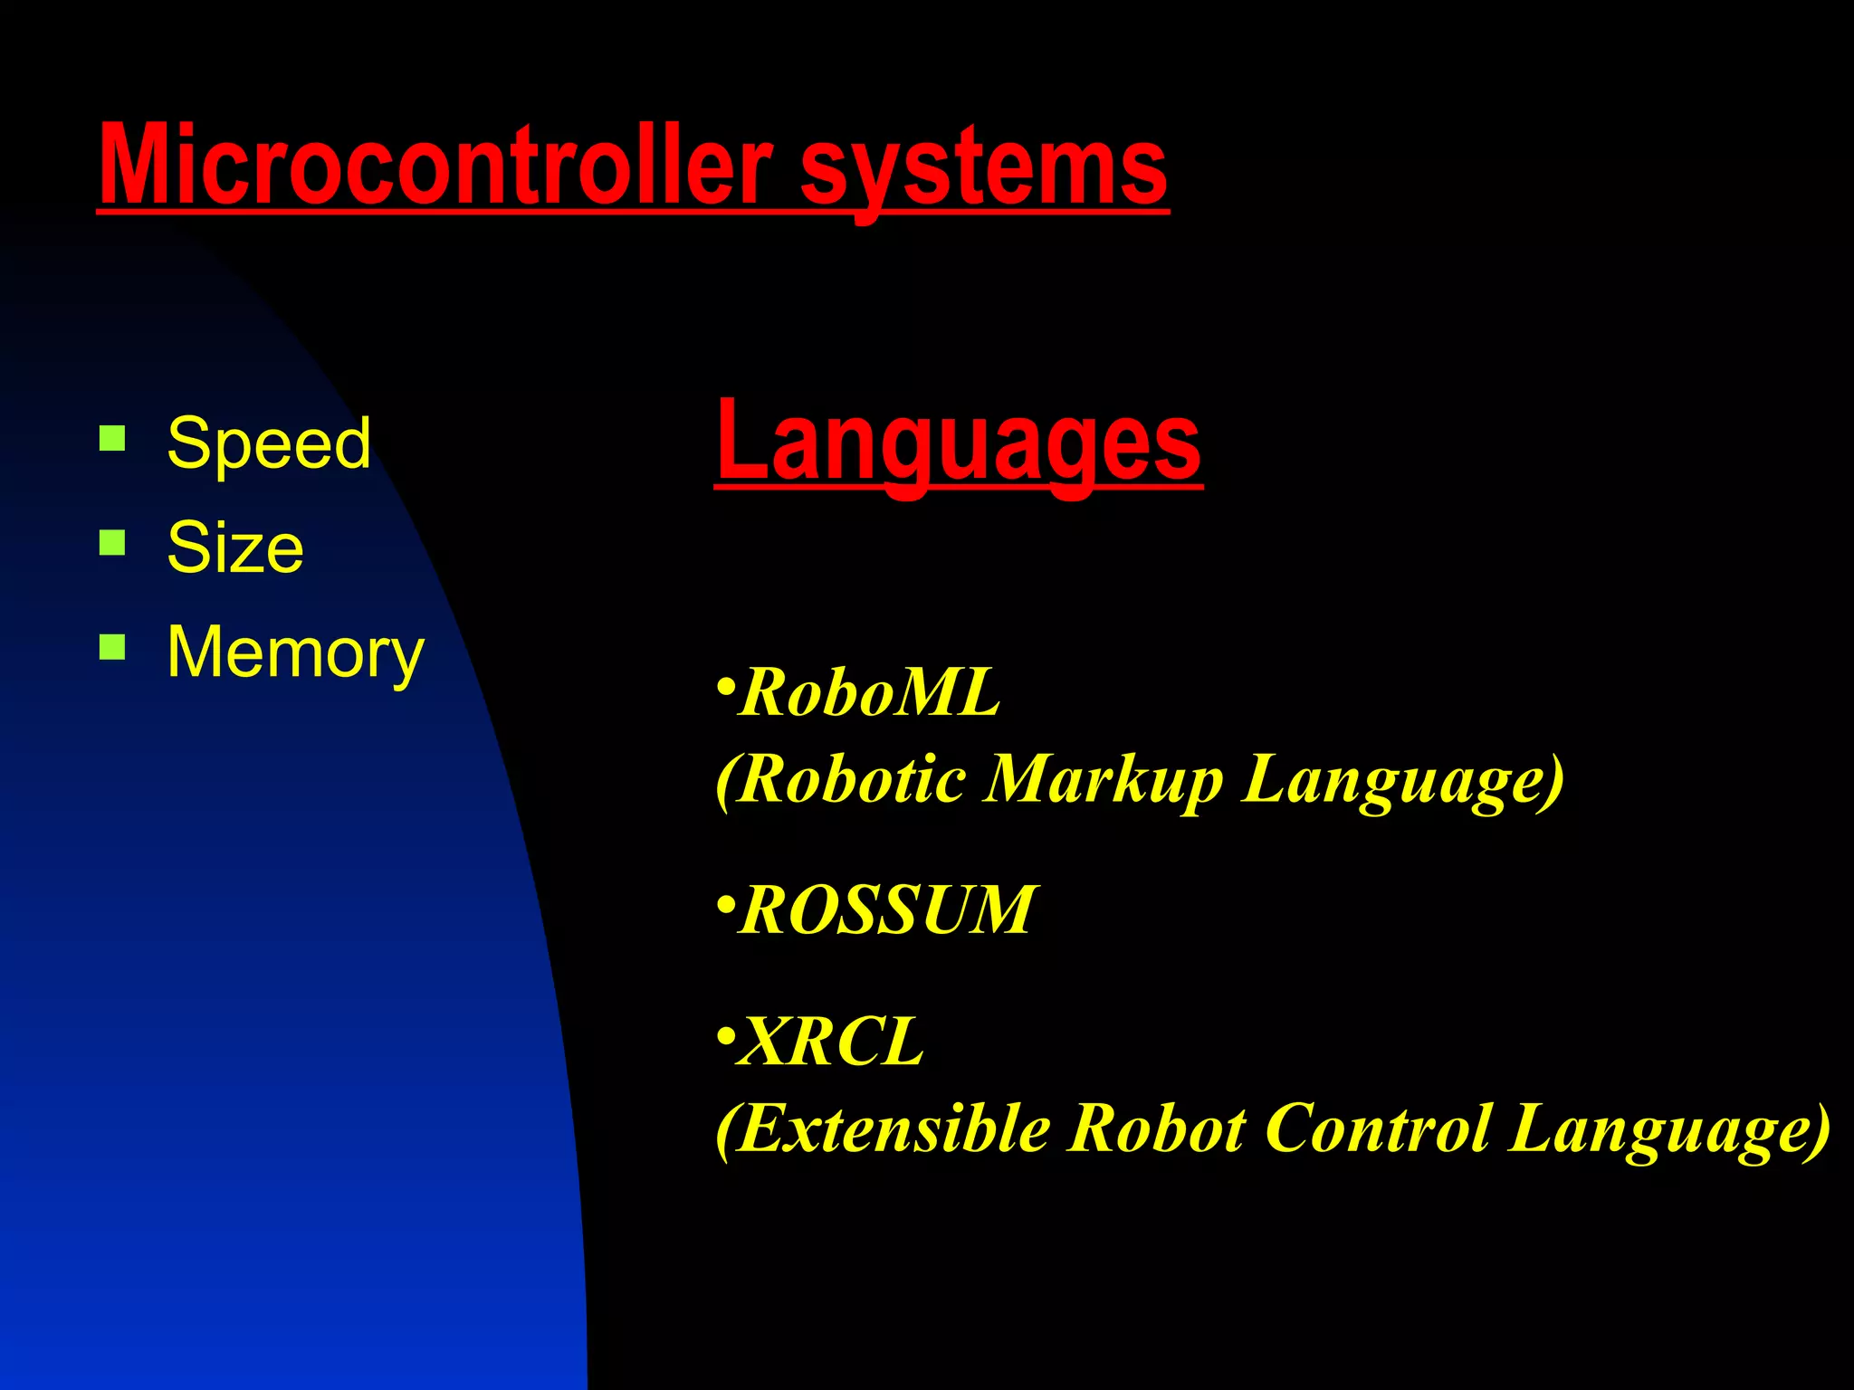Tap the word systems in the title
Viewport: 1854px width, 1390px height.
[x=984, y=168]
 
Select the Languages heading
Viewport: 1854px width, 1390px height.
[x=958, y=443]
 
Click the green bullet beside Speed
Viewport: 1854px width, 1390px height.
[x=112, y=439]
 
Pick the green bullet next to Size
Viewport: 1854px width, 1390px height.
[x=112, y=543]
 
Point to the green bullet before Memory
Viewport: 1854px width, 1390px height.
[x=112, y=647]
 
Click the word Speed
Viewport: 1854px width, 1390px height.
[x=269, y=443]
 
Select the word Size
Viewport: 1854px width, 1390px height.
[x=235, y=547]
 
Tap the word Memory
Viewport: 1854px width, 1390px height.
[x=295, y=652]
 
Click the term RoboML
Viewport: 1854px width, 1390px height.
[x=869, y=693]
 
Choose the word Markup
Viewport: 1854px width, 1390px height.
[x=1104, y=780]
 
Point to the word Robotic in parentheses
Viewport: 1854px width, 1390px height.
[x=851, y=780]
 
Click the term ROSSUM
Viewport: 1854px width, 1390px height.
[x=887, y=910]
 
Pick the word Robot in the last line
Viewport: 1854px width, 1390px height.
[x=1158, y=1129]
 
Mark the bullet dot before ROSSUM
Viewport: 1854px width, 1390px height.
[x=724, y=904]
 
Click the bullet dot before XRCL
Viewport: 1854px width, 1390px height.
[x=724, y=1034]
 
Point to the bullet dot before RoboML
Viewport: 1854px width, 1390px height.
[x=724, y=685]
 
